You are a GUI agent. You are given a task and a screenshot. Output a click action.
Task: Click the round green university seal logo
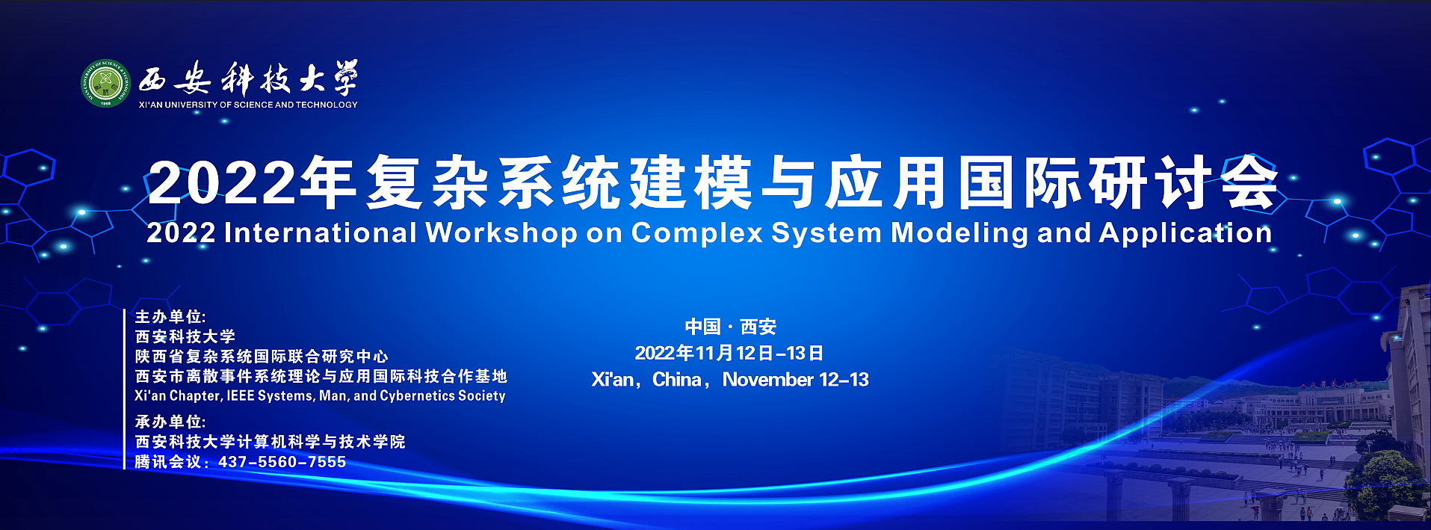click(105, 83)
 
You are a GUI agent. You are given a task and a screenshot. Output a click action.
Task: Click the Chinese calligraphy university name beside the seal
click(248, 78)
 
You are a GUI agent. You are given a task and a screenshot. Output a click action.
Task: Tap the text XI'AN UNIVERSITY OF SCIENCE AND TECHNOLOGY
click(248, 105)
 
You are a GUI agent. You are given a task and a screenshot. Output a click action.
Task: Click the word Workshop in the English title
click(501, 233)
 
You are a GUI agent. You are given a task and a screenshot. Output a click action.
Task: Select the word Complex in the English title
click(696, 233)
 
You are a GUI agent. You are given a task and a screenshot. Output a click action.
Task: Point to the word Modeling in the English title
click(959, 233)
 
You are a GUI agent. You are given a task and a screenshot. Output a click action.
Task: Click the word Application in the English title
click(1185, 233)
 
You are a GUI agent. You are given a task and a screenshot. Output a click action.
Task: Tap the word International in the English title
click(320, 232)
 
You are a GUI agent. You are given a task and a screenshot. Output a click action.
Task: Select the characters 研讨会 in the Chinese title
click(1183, 182)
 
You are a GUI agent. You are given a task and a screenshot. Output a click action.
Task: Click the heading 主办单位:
click(170, 317)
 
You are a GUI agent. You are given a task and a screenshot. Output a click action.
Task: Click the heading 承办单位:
click(170, 422)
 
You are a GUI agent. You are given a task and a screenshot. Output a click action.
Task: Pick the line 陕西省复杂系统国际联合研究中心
click(262, 357)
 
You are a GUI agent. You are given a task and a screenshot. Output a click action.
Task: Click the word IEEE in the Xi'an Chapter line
click(240, 395)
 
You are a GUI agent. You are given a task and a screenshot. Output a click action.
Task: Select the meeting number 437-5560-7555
click(282, 462)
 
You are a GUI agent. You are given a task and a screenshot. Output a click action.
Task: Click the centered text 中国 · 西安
click(730, 327)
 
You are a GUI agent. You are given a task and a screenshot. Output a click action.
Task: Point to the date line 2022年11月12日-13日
click(729, 353)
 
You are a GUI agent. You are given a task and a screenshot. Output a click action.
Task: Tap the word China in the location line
click(676, 380)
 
